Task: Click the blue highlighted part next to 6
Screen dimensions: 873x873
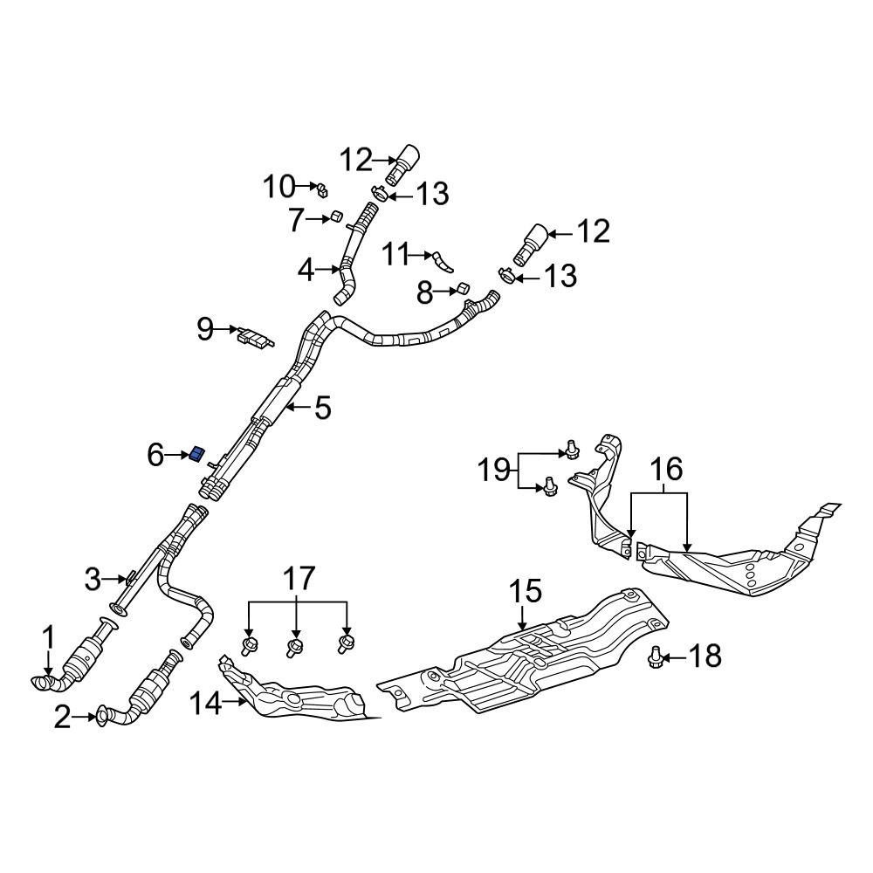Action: tap(196, 453)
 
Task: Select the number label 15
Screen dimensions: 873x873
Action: tap(526, 592)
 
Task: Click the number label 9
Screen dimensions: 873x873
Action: tap(205, 329)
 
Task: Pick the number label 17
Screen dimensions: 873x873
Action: tap(298, 578)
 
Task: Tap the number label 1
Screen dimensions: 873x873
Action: tap(49, 638)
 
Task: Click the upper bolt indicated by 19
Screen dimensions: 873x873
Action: tap(570, 449)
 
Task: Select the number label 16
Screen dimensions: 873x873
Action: tap(668, 471)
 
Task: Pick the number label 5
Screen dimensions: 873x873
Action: tap(323, 408)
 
